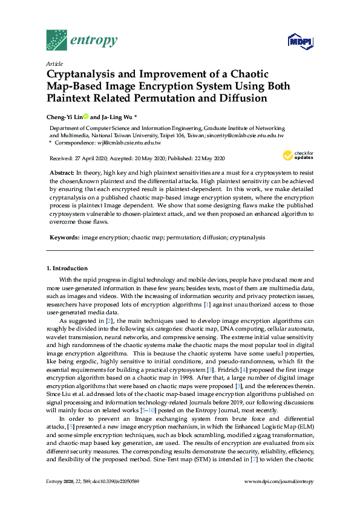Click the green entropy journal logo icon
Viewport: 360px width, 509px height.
pyautogui.click(x=56, y=40)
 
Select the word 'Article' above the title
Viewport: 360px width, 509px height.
pyautogui.click(x=54, y=63)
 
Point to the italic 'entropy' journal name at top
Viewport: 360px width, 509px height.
pyautogui.click(x=94, y=41)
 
